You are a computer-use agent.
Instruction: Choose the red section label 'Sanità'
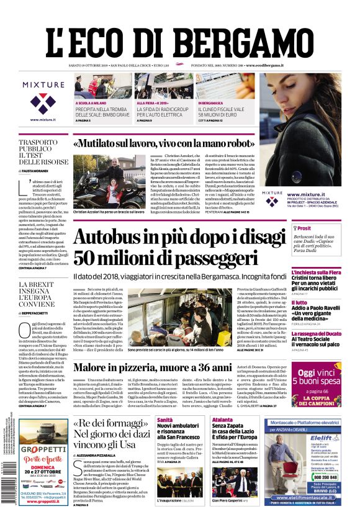pos(165,420)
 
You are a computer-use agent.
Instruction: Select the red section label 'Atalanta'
pos(223,420)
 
